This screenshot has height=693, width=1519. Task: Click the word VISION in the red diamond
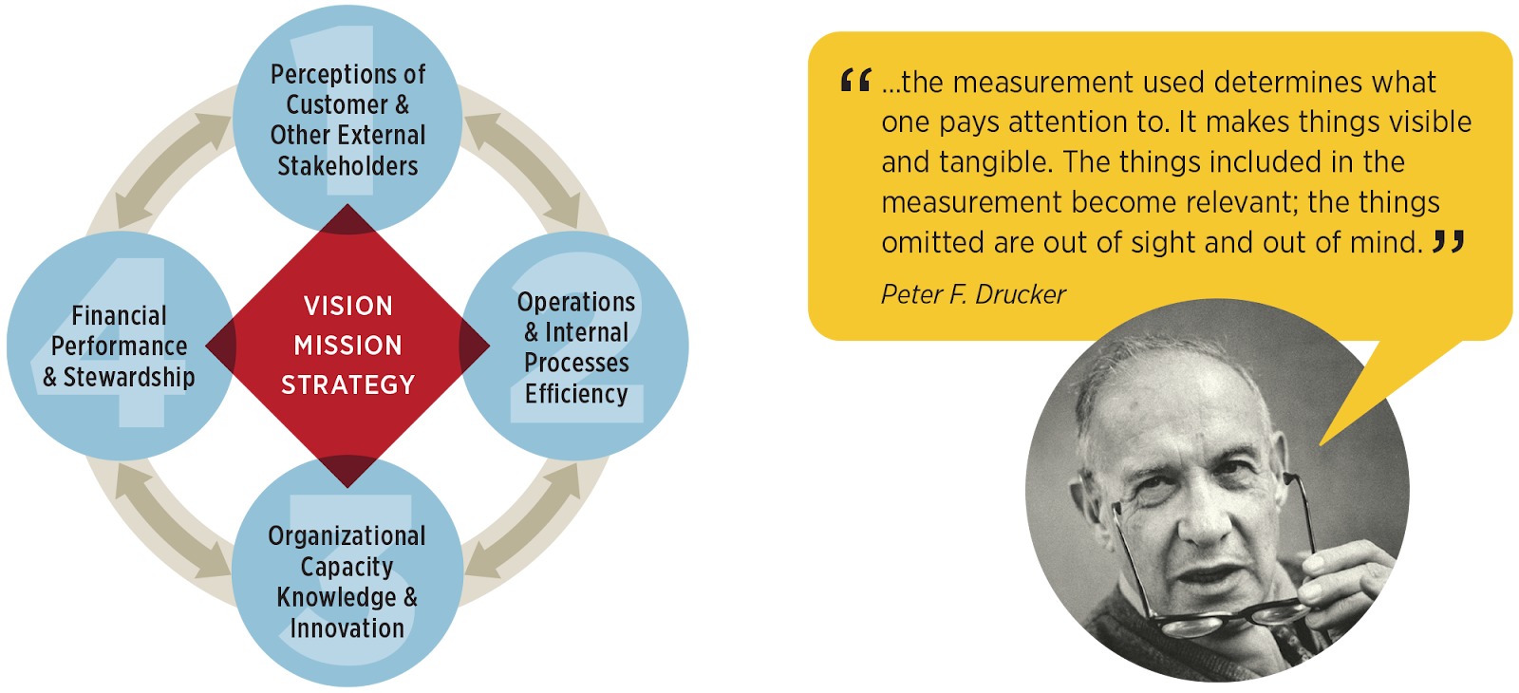[x=347, y=306]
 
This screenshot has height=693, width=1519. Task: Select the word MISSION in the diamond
[x=347, y=346]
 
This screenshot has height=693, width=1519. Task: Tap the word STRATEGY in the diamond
[x=347, y=385]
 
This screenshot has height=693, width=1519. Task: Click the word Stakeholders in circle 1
[x=347, y=166]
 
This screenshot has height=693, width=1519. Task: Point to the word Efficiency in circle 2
[x=576, y=394]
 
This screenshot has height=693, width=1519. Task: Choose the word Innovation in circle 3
[x=347, y=627]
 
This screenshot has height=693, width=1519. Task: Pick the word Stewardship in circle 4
[x=129, y=377]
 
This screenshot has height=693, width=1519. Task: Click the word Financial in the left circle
[x=120, y=315]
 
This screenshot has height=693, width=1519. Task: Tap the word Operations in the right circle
[x=576, y=303]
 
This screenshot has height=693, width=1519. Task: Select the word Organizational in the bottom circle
[x=347, y=536]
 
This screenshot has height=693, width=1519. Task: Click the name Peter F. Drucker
[x=973, y=295]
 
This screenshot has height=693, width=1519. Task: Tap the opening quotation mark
[x=855, y=80]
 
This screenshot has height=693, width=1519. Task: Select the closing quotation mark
[x=1449, y=241]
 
